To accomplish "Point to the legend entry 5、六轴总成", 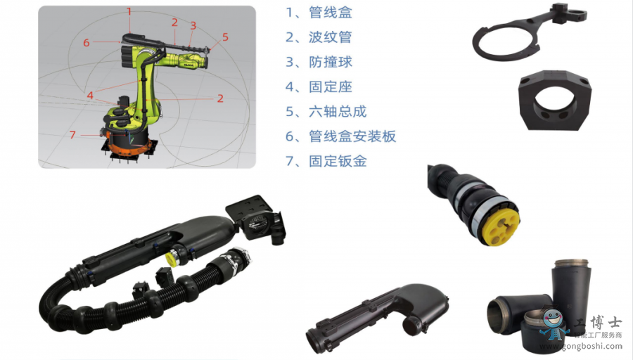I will [x=326, y=111].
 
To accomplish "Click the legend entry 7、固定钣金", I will [x=326, y=161].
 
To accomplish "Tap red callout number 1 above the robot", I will [x=129, y=11].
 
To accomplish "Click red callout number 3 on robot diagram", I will [x=193, y=25].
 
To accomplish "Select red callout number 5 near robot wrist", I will [x=225, y=37].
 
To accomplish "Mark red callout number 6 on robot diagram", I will [x=86, y=43].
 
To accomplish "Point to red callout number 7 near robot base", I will [x=72, y=134].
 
